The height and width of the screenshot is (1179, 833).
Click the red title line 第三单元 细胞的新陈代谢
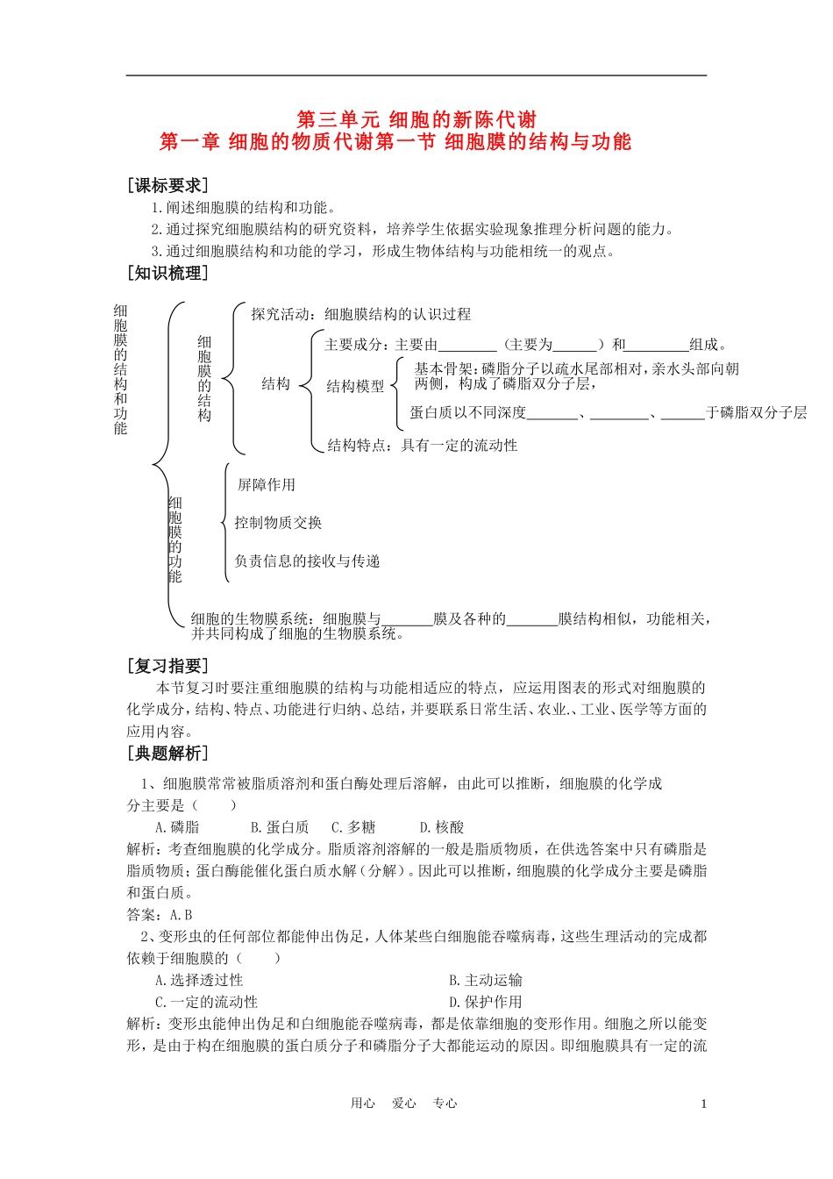(x=416, y=119)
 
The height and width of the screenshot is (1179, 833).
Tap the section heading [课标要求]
(x=167, y=185)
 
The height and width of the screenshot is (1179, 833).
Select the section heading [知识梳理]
(x=167, y=273)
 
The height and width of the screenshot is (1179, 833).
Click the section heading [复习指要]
(x=167, y=666)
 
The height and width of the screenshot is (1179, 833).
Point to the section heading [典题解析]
(x=167, y=753)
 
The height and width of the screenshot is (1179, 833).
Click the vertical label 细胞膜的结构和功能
(x=120, y=369)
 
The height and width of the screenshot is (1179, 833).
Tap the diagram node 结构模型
(x=355, y=386)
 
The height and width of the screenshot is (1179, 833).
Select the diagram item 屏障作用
(x=267, y=484)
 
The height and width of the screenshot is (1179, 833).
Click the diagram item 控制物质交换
(x=278, y=523)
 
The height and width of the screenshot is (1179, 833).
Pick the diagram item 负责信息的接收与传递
(x=307, y=561)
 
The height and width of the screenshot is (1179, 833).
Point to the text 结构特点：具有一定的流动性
(x=422, y=446)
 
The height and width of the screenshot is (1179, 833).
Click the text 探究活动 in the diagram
(x=280, y=314)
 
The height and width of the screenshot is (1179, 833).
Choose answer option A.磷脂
(x=177, y=827)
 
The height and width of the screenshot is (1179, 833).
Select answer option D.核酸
(x=441, y=827)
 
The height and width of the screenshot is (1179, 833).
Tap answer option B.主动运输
(x=486, y=981)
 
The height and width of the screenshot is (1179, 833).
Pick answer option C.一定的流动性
(x=206, y=1002)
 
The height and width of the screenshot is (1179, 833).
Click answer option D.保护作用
(x=486, y=1002)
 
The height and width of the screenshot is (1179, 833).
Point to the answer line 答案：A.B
(x=160, y=915)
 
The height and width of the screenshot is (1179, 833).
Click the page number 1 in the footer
(x=703, y=1104)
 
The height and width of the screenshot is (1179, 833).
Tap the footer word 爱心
(x=404, y=1104)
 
